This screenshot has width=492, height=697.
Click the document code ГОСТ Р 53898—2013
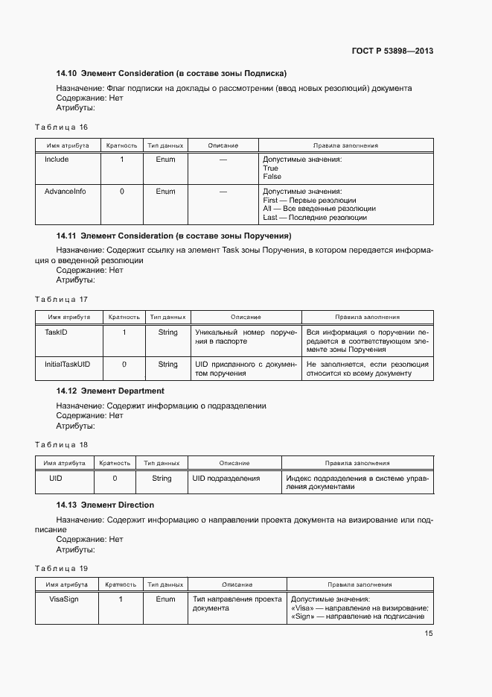[392, 51]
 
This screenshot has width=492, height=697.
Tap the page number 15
[429, 634]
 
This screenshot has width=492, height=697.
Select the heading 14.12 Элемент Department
[110, 391]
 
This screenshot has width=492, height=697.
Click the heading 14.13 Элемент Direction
[105, 505]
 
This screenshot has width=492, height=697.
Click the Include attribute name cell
[57, 160]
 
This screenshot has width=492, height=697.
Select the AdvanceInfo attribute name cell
[66, 192]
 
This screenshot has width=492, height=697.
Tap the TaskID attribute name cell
[57, 332]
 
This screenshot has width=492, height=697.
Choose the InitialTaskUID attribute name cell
[68, 365]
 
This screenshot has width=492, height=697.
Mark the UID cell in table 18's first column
[56, 479]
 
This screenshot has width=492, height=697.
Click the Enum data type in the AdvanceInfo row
[165, 192]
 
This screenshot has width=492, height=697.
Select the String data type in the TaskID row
[167, 332]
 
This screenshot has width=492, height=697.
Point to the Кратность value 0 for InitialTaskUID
[124, 365]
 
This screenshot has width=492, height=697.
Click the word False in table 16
[272, 177]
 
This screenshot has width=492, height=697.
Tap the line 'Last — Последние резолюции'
[315, 218]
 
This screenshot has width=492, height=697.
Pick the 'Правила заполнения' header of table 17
[367, 318]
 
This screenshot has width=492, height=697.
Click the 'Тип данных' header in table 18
[162, 463]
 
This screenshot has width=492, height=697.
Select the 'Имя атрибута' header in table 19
[67, 585]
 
